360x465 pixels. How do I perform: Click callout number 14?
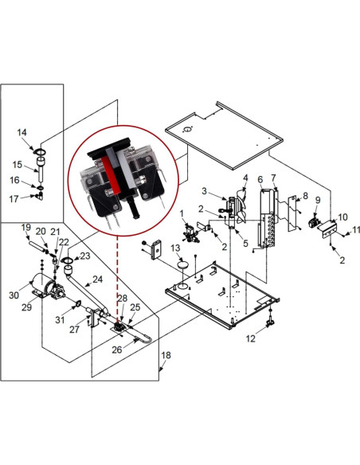(22, 132)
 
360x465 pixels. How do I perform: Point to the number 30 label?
(14, 295)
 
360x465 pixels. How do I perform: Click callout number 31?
(60, 320)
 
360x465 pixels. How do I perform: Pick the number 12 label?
(251, 339)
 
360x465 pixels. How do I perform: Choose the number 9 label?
(317, 200)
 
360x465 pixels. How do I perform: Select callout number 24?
(98, 279)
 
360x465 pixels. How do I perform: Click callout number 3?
(204, 191)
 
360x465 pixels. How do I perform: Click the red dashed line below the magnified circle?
(119, 271)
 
